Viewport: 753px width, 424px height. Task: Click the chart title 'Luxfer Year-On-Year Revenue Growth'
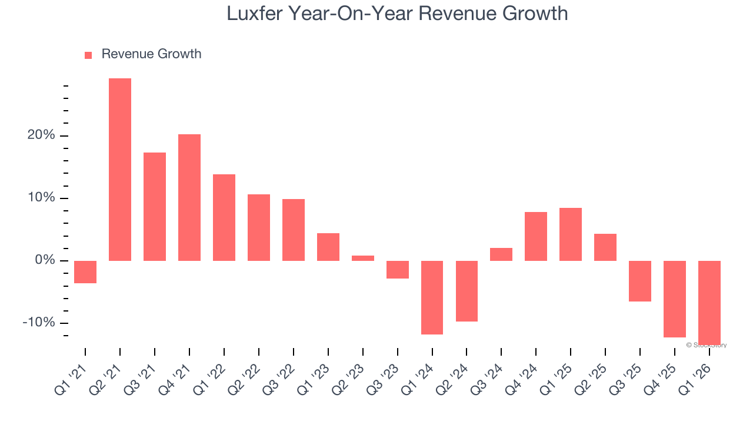[x=397, y=14]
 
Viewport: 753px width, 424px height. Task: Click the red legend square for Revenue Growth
[x=88, y=55]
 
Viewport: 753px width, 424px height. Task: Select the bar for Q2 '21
[x=120, y=170]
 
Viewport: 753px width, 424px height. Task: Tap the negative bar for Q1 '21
[x=85, y=272]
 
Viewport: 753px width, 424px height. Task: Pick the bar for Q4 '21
[x=189, y=197]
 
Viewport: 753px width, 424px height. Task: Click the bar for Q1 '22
[x=224, y=217]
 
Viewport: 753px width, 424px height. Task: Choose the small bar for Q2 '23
[x=363, y=258]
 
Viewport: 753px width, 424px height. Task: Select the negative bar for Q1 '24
[x=432, y=297]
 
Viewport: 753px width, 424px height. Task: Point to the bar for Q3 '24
[x=501, y=254]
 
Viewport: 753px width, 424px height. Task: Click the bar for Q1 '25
[x=571, y=234]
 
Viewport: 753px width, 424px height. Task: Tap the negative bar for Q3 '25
[x=640, y=281]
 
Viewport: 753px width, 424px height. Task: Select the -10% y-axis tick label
[x=38, y=323]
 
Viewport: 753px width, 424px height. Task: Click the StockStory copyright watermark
[x=706, y=345]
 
